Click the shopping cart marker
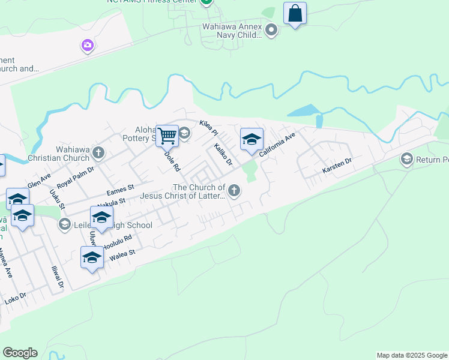click(167, 136)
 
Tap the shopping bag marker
click(295, 13)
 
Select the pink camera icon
click(88, 45)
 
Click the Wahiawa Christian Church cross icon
click(99, 153)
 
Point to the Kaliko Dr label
click(223, 154)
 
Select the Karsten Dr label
click(337, 166)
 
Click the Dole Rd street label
click(172, 161)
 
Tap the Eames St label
click(119, 191)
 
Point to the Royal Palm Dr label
click(76, 178)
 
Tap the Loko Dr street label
click(15, 298)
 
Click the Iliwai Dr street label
click(59, 278)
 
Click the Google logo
click(20, 353)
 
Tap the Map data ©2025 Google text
click(412, 355)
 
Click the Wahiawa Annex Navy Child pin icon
click(271, 29)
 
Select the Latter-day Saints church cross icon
click(234, 191)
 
